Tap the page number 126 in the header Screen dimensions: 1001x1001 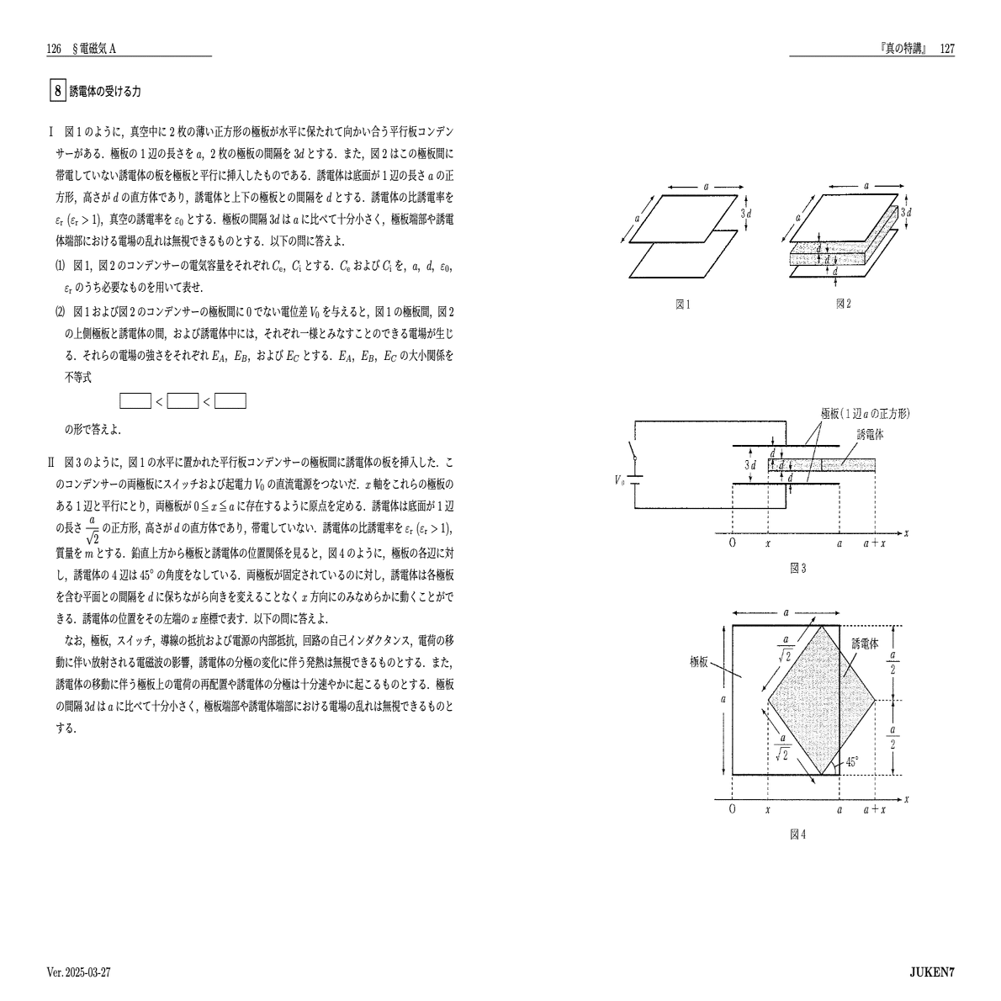point(54,50)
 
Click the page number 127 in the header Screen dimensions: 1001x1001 point(946,50)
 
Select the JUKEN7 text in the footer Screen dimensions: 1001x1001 point(931,972)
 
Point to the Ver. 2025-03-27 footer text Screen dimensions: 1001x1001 point(79,972)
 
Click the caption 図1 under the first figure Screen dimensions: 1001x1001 point(683,305)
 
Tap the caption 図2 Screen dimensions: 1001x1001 point(843,305)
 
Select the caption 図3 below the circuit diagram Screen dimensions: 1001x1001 point(797,569)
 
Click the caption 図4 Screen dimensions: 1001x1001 point(797,834)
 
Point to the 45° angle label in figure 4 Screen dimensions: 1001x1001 point(852,762)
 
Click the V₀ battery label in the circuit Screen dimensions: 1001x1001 point(620,479)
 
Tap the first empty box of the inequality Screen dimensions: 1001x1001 point(135,401)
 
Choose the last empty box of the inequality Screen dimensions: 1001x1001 point(230,401)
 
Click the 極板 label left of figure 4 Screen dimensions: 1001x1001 point(702,660)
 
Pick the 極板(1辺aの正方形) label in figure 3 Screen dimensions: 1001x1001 point(866,413)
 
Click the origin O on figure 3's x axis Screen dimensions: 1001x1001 point(733,543)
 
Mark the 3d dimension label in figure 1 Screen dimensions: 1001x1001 point(745,214)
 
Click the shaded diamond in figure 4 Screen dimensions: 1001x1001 point(803,698)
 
